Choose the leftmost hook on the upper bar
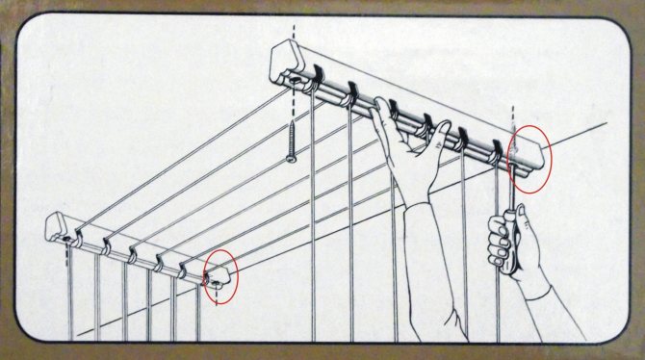point(315,74)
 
